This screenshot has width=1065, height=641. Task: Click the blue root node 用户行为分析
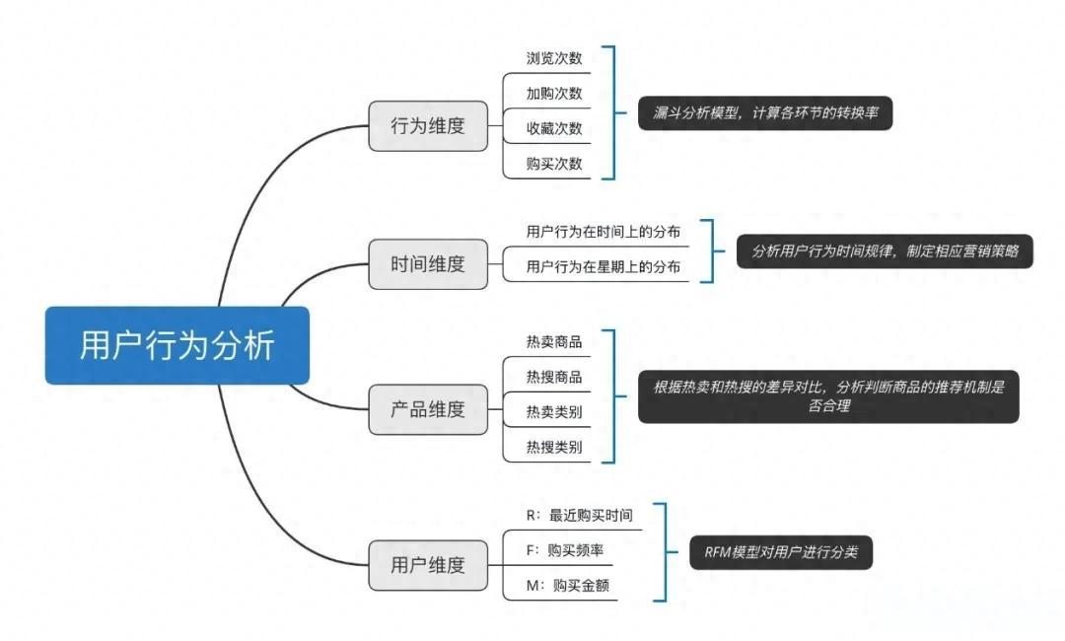(177, 346)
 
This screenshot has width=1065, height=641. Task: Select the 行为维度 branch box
(428, 126)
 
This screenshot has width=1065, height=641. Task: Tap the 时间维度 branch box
(428, 264)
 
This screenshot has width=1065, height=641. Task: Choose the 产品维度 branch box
(428, 409)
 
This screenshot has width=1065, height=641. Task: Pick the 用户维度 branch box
(428, 565)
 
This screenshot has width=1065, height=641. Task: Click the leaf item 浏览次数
(554, 58)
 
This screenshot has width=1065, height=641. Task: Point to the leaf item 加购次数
(554, 94)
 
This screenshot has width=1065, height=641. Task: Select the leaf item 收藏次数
(554, 128)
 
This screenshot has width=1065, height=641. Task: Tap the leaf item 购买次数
(554, 164)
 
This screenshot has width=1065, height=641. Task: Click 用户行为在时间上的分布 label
(603, 232)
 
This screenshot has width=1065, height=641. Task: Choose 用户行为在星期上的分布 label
(603, 266)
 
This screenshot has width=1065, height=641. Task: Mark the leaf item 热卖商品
(554, 342)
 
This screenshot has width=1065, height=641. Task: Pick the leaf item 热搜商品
(554, 377)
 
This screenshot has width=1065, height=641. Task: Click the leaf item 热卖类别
(554, 412)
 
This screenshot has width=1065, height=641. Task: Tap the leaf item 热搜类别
(554, 447)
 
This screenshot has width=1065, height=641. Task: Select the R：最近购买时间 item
(580, 515)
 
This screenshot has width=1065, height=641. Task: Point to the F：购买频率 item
(566, 550)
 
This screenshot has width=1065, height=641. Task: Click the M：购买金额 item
(568, 585)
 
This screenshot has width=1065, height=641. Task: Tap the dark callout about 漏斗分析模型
(764, 113)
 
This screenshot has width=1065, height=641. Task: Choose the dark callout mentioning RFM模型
(781, 553)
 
